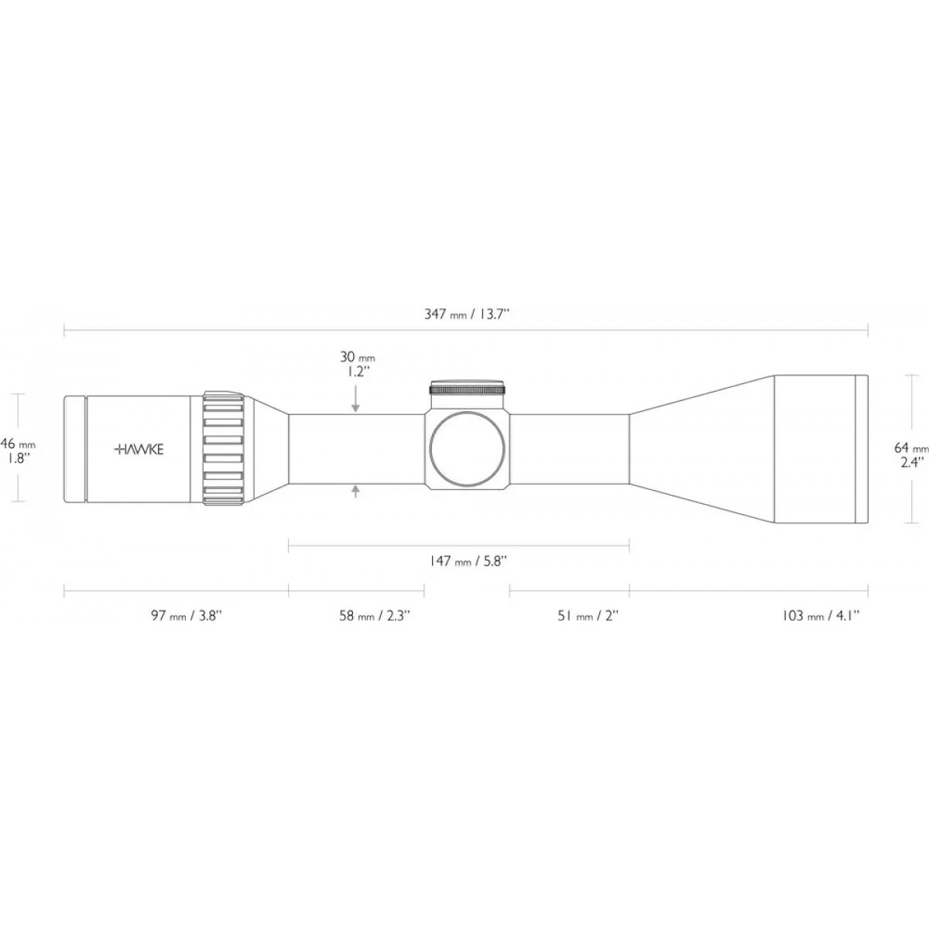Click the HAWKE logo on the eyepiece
coord(139,449)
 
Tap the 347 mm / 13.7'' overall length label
coord(467,314)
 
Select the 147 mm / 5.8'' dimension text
coord(467,561)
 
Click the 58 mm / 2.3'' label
coord(375,615)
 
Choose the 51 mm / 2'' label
coord(588,615)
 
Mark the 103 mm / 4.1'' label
coord(821,615)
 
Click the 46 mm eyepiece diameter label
coord(19,450)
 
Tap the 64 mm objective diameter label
coord(910,455)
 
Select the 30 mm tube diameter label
coord(357,365)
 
